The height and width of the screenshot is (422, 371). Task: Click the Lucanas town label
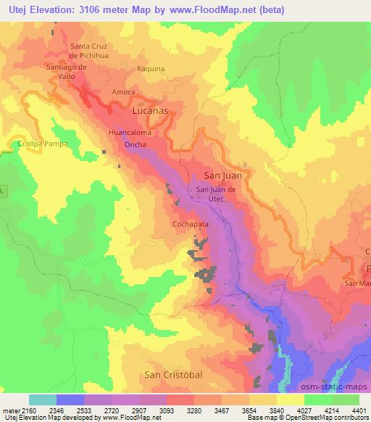click(x=151, y=112)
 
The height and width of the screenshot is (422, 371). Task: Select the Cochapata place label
click(x=191, y=225)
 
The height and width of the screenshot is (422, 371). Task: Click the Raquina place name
click(x=151, y=69)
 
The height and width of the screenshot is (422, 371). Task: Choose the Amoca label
click(x=124, y=93)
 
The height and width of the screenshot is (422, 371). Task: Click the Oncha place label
click(x=136, y=145)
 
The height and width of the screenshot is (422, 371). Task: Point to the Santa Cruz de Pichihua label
click(x=91, y=50)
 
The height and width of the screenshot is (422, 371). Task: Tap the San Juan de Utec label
click(x=217, y=194)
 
